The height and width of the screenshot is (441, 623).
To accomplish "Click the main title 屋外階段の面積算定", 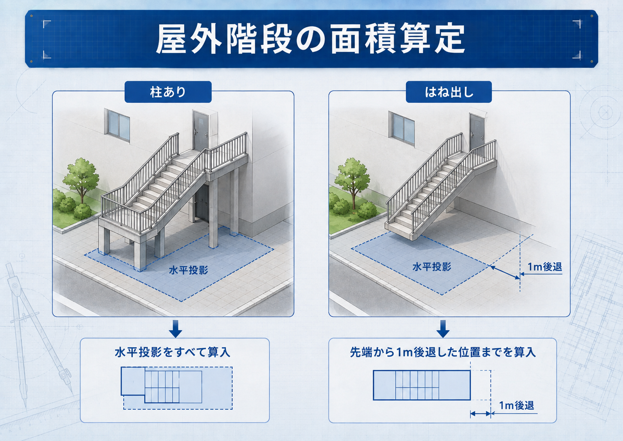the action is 310,39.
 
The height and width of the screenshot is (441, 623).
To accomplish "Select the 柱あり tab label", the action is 168,92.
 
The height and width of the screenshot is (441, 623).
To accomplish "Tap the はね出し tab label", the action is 449,92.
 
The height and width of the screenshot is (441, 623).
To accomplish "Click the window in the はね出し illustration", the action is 402,128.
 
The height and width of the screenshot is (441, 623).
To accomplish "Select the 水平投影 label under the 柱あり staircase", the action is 188,270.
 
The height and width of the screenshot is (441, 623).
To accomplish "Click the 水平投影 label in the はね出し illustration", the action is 432,267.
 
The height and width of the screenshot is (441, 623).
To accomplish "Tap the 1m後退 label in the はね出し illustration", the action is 545,267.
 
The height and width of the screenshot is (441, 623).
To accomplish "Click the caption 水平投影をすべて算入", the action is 173,352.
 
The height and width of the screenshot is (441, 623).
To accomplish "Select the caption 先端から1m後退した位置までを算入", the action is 443,352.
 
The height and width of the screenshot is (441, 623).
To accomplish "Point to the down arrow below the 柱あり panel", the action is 175,329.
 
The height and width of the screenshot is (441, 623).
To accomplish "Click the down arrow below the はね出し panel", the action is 443,329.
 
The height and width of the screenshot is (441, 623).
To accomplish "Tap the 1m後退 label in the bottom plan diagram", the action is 516,405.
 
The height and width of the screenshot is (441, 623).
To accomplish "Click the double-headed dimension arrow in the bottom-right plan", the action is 481,414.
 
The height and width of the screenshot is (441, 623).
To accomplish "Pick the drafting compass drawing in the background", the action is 39,334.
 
